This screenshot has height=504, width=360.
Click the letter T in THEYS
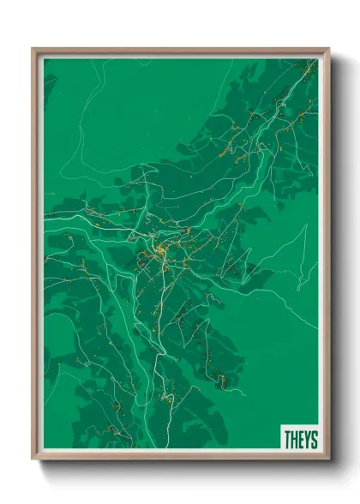286,440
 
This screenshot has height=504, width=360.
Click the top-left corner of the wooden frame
33,50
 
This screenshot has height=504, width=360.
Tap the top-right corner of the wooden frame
328,50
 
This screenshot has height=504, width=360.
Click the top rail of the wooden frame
180,51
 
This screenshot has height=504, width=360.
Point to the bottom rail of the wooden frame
180,457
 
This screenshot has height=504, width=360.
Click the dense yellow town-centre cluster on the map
160,251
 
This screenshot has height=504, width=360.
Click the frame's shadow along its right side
334,257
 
